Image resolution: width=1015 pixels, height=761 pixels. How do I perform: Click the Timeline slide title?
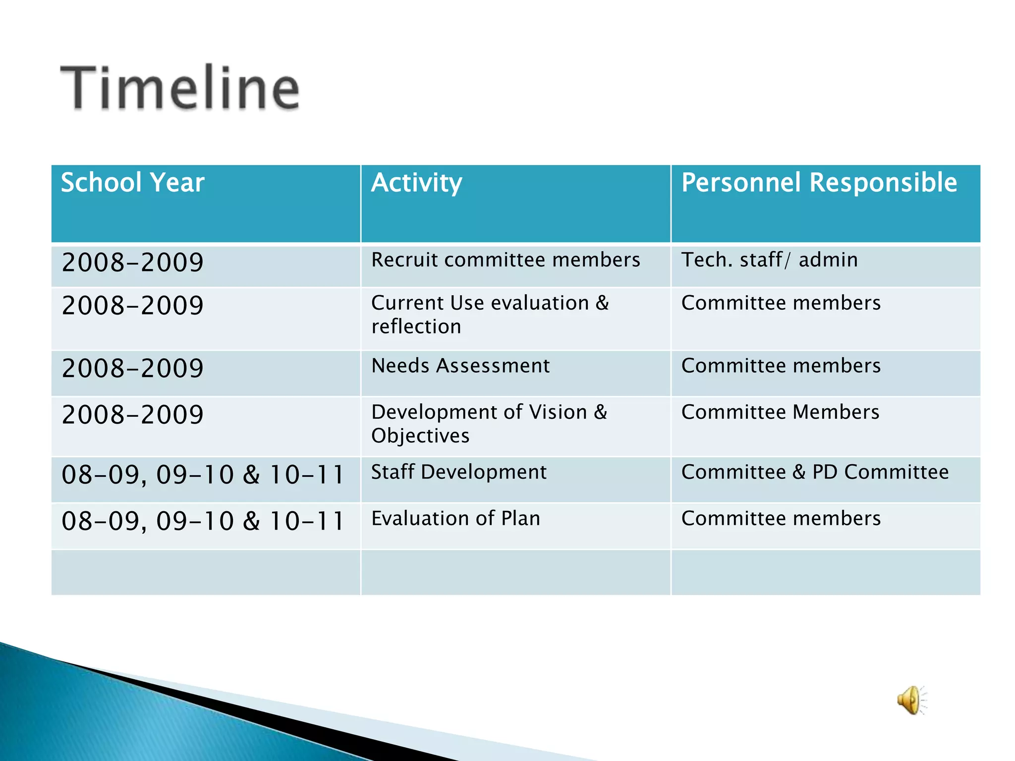coord(180,88)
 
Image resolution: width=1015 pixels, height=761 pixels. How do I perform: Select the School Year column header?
coord(132,183)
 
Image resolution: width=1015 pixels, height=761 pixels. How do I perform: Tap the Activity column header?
coord(416,183)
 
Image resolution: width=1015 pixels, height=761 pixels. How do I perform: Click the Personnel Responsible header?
coord(819,183)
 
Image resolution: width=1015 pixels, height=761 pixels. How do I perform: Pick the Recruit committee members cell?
coord(506,260)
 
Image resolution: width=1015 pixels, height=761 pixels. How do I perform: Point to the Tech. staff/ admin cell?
coord(769,260)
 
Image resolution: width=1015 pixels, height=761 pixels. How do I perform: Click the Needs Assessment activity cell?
coord(460,366)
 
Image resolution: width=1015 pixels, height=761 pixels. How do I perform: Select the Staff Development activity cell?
coord(459,472)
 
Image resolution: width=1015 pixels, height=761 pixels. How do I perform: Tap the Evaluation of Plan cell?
coord(455,519)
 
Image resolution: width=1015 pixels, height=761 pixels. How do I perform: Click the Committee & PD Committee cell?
coord(815,472)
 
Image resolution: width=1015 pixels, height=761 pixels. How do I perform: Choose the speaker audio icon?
coord(911,700)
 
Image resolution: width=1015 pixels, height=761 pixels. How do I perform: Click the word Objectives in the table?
coord(420,436)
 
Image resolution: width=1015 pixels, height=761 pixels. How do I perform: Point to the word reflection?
coord(416,327)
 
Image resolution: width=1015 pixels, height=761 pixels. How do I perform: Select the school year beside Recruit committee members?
coord(132,263)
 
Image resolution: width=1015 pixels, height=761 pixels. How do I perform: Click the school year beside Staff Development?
coord(203,475)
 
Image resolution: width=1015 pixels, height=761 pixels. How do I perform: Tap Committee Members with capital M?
coord(780,412)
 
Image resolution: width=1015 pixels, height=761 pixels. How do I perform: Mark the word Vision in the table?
coord(558,412)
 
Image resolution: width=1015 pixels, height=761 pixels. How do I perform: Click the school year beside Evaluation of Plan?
coord(203,521)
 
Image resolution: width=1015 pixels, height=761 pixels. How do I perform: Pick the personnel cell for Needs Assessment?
coord(781,366)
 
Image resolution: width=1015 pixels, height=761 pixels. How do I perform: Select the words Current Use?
coord(427,303)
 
